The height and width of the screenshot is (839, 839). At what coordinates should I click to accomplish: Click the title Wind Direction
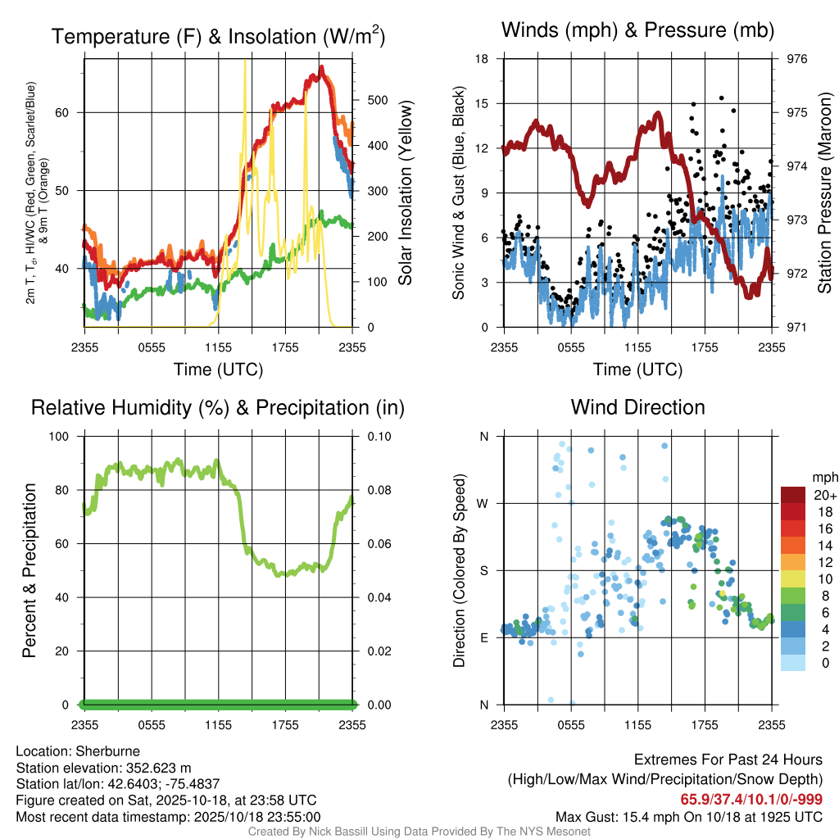(x=637, y=407)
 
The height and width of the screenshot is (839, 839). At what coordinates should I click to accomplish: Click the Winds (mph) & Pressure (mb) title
(x=637, y=31)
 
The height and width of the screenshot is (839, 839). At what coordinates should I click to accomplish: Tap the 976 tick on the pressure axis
(x=797, y=59)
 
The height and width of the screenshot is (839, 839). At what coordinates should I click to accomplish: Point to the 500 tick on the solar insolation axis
(x=376, y=101)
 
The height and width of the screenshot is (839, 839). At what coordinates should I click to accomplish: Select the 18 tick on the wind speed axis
(x=483, y=59)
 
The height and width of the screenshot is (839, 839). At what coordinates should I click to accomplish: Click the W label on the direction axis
(x=483, y=503)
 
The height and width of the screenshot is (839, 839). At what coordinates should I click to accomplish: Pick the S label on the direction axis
(x=484, y=570)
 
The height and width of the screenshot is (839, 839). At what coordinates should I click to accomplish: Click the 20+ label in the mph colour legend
(x=825, y=495)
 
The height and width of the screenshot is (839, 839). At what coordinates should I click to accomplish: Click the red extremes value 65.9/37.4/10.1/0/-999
(x=751, y=799)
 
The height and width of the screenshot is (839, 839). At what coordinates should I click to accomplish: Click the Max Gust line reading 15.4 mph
(x=688, y=817)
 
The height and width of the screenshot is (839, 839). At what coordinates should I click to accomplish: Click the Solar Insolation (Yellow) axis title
(x=406, y=193)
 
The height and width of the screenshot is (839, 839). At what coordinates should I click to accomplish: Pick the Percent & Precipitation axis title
(x=29, y=570)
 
